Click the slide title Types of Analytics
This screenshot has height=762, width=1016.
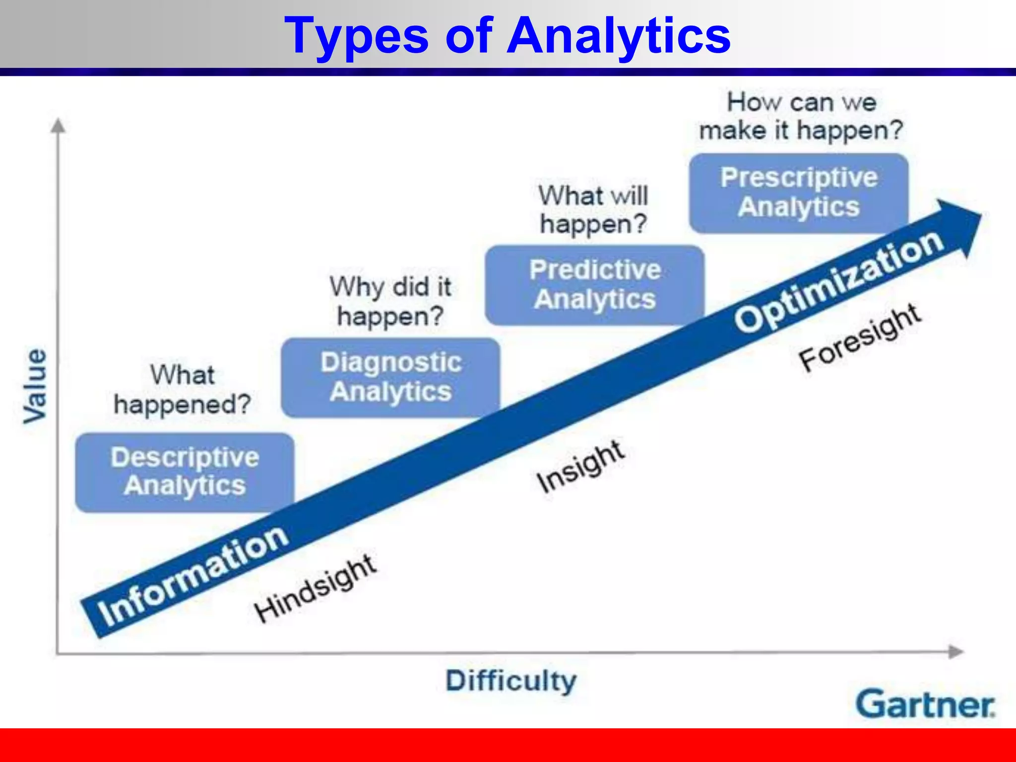point(507,36)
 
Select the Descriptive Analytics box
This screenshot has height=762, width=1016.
point(185,472)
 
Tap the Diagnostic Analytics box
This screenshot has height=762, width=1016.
point(390,377)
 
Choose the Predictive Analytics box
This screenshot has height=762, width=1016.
point(594,285)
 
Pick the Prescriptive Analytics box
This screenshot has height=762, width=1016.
point(799,192)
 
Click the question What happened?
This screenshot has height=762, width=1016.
point(183,390)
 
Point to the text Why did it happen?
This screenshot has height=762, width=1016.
point(390,301)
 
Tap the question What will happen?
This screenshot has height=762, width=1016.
point(593,209)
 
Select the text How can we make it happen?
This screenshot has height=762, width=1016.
point(801,116)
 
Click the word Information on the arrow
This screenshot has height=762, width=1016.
point(192,576)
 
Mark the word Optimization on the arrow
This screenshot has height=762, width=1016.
point(838,281)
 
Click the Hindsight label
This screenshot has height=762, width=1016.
point(316,588)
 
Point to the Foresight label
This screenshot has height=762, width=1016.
point(860,337)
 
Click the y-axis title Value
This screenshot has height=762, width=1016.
point(35,386)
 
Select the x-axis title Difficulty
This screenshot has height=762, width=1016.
point(511,681)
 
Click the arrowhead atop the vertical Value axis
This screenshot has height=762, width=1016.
point(58,126)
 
